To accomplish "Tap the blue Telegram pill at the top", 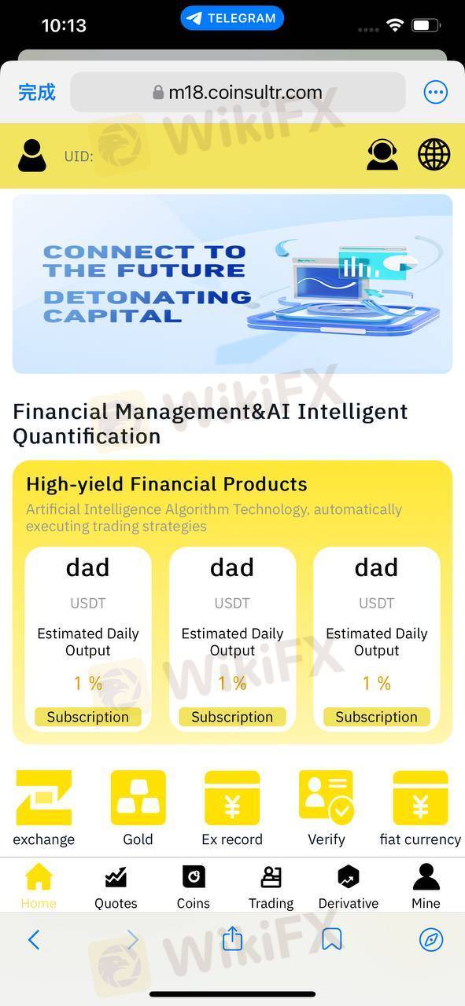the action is (232, 18).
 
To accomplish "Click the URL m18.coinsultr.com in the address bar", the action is (245, 93).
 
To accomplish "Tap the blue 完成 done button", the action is (37, 93).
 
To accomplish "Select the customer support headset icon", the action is (382, 155).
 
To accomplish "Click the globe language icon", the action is (434, 155).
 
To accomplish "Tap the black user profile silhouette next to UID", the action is (32, 156).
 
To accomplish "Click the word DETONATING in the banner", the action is (147, 297).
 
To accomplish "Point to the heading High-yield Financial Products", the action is (167, 484).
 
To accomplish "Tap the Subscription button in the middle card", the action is (232, 717).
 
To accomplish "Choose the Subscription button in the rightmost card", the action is (376, 717).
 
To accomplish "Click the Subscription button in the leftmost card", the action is (87, 717).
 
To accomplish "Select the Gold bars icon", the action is (138, 798).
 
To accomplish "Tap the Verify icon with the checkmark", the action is (326, 798).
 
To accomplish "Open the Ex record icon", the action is (232, 798).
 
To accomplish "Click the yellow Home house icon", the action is (39, 876).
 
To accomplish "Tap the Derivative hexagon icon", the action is (349, 876).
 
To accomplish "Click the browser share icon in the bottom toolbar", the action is (233, 938).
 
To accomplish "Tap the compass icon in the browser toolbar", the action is (431, 939).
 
